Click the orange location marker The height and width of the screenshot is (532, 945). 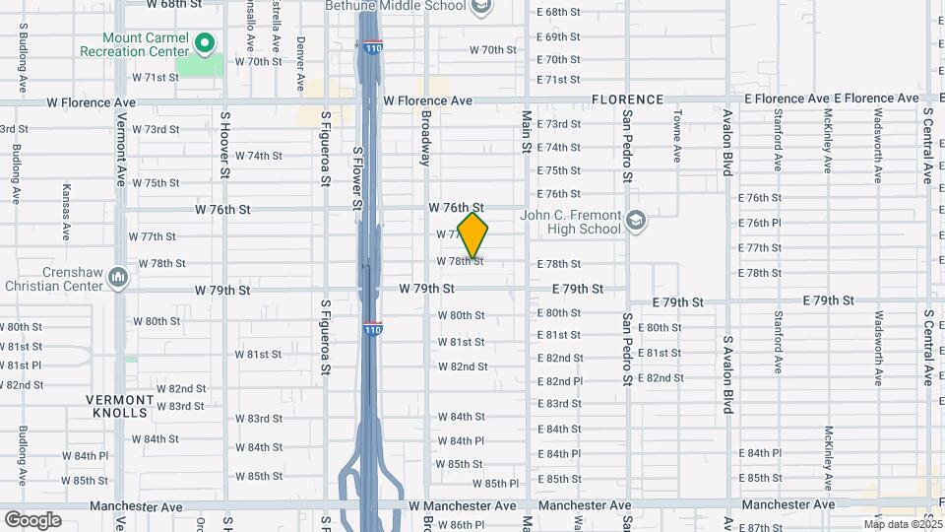pyautogui.click(x=473, y=235)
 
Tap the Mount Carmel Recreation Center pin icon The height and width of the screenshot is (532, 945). pyautogui.click(x=205, y=42)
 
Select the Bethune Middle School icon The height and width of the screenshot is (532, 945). pyautogui.click(x=480, y=9)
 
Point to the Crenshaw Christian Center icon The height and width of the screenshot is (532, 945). pyautogui.click(x=119, y=277)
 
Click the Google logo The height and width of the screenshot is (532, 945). pyautogui.click(x=33, y=519)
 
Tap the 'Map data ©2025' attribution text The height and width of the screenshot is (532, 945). pyautogui.click(x=902, y=524)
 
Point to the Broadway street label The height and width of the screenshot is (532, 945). pyautogui.click(x=426, y=137)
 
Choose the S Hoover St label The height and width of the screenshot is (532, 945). pyautogui.click(x=225, y=144)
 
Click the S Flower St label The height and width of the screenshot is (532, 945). pyautogui.click(x=358, y=177)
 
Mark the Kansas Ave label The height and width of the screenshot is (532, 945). pyautogui.click(x=67, y=211)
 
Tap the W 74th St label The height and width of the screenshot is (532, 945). pyautogui.click(x=259, y=156)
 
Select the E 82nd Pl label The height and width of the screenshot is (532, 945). pyautogui.click(x=560, y=381)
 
